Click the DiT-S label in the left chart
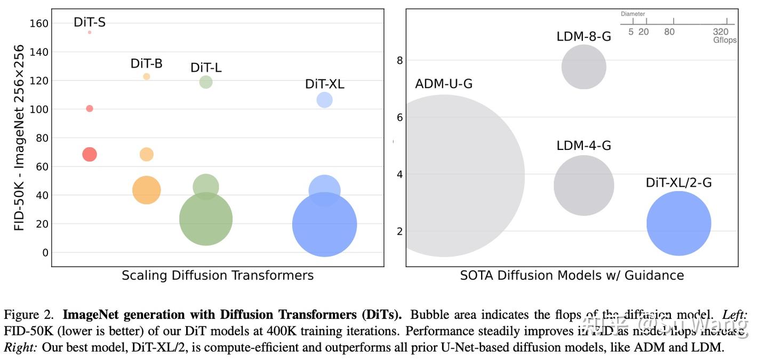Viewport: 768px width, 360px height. [90, 22]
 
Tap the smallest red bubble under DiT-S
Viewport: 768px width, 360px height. [90, 33]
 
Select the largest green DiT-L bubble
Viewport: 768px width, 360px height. [206, 219]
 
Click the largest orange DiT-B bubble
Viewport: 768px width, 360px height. [147, 190]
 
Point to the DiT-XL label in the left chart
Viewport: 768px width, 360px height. [325, 84]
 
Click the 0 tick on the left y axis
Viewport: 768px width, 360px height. [45, 252]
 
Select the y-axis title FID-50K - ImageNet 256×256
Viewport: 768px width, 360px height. [20, 138]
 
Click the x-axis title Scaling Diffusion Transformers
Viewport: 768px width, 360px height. [218, 276]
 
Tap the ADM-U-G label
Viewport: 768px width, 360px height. [444, 84]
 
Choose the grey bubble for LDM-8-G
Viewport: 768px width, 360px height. [584, 67]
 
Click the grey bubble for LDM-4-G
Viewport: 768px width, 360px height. [584, 186]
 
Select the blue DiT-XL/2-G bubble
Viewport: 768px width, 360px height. [679, 223]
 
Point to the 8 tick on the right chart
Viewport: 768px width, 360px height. [399, 60]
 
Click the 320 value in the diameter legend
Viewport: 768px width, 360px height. [721, 32]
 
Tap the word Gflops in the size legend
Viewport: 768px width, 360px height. [725, 40]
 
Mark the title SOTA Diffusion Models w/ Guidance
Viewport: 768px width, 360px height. [572, 276]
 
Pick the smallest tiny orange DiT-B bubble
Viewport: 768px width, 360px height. [147, 77]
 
